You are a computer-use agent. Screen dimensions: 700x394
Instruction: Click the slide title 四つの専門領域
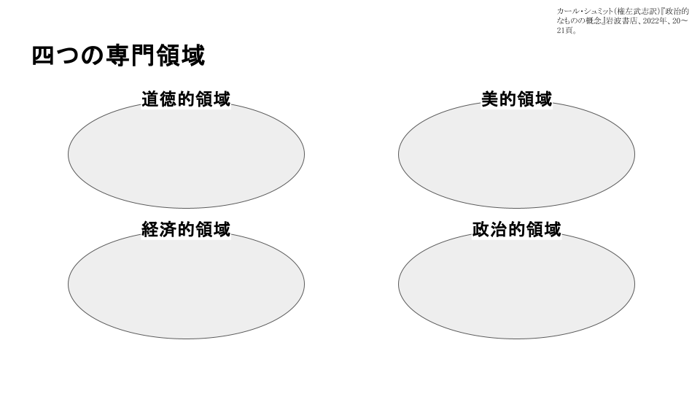coord(118,56)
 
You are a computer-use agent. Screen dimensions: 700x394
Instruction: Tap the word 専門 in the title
coord(131,56)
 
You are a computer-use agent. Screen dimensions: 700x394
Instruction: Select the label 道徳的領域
coord(186,99)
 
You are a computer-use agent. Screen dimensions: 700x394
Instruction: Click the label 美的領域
coord(516,99)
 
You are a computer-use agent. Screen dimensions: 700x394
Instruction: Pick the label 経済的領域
coord(186,230)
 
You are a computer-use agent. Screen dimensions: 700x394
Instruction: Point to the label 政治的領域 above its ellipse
coord(516,230)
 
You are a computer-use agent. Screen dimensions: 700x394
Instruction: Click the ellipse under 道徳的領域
coord(186,155)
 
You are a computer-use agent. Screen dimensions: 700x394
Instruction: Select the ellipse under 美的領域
coord(516,155)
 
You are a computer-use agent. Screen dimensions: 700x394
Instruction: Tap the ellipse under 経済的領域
coord(186,285)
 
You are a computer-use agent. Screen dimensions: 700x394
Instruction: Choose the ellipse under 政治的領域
coord(516,285)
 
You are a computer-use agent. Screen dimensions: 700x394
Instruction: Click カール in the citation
coord(567,11)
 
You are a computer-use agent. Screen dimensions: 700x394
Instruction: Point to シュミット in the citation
coord(598,11)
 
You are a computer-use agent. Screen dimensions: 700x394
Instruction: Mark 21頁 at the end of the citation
coord(565,31)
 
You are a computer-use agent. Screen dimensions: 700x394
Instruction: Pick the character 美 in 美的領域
coord(490,99)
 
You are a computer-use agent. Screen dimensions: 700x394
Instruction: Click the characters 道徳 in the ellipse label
coord(160,99)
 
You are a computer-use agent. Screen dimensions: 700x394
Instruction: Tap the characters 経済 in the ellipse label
coord(160,230)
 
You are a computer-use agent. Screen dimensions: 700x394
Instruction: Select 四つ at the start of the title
coord(56,56)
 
